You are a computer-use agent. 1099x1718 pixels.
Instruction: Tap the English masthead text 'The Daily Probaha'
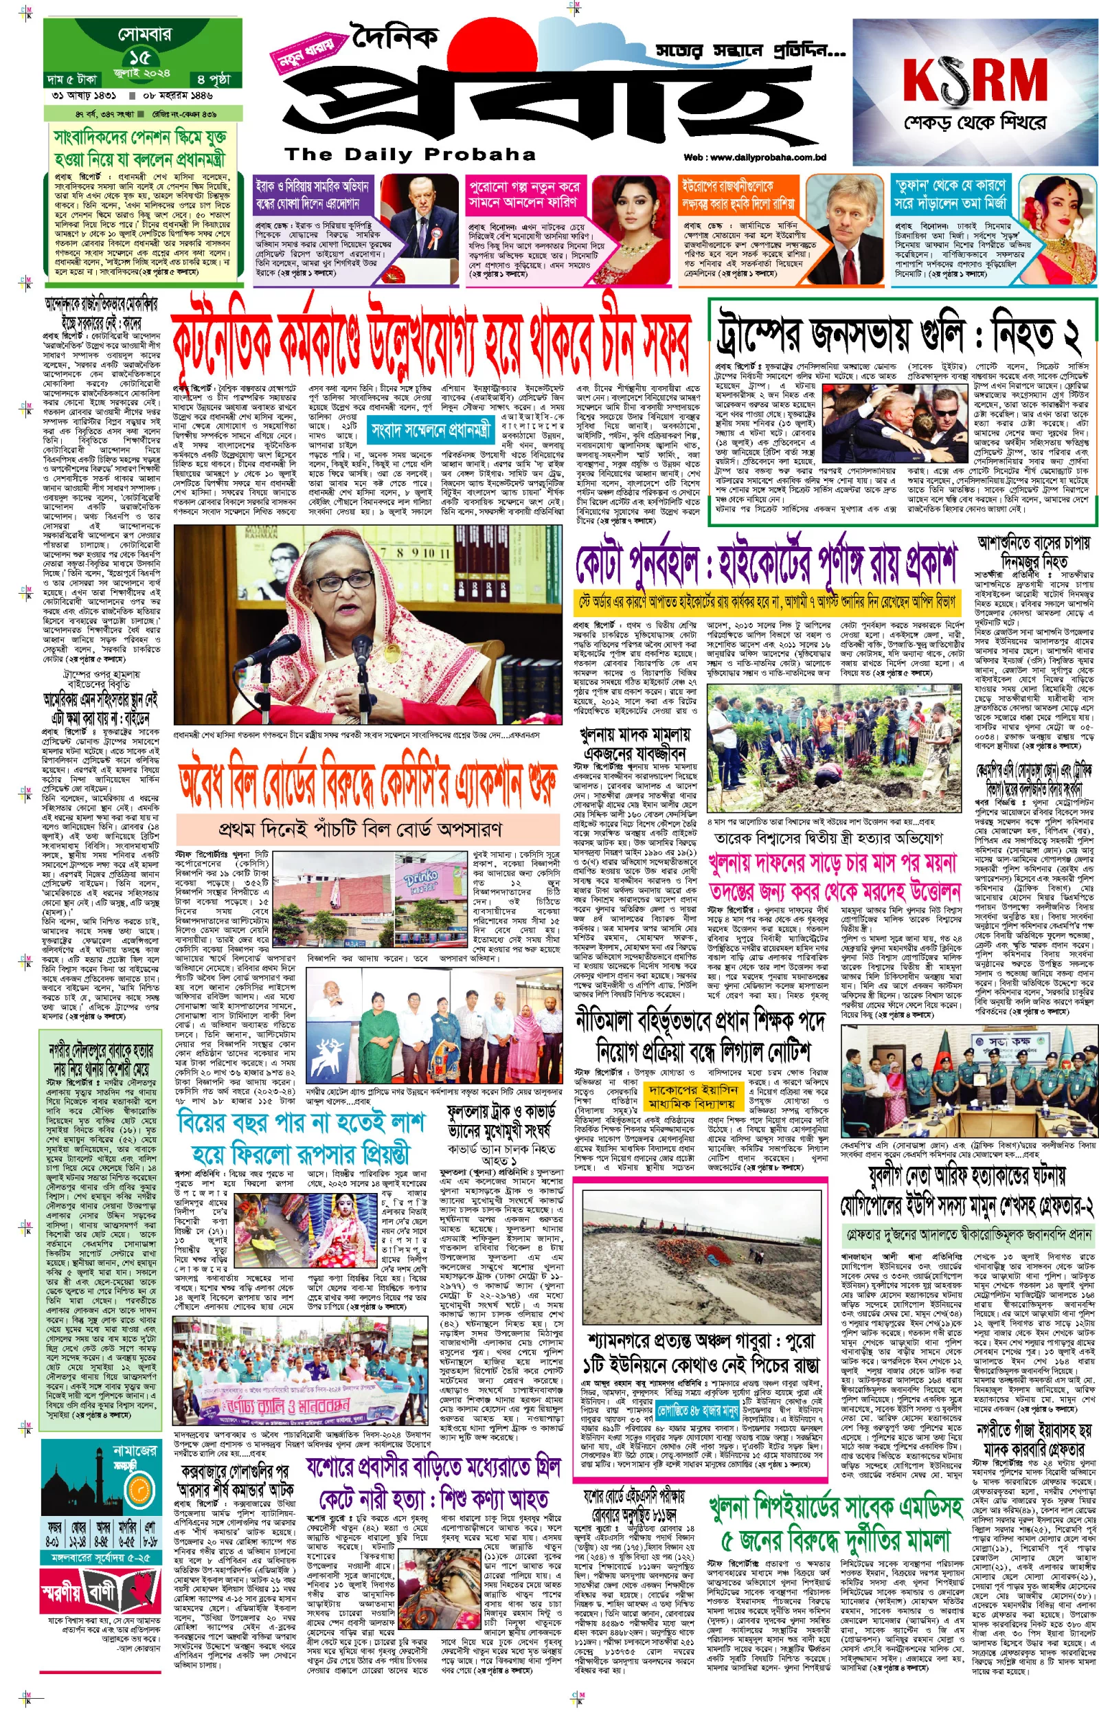coord(409,154)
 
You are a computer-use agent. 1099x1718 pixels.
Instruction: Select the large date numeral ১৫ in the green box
coord(140,57)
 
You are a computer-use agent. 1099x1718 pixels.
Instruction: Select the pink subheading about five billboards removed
coord(360,829)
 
